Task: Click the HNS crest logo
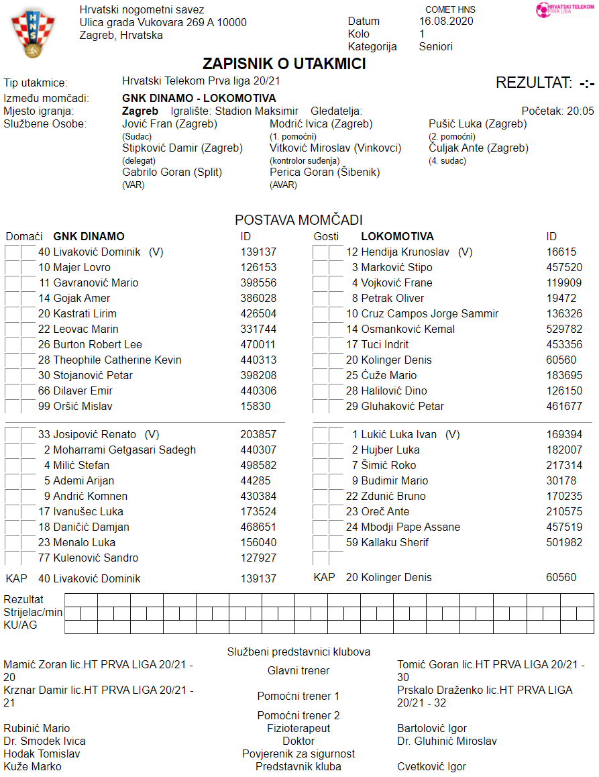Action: click(x=28, y=34)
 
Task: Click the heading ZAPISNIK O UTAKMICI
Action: click(x=284, y=64)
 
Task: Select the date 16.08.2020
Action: click(x=446, y=21)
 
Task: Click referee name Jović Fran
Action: click(x=169, y=124)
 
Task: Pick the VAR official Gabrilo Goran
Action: click(x=172, y=172)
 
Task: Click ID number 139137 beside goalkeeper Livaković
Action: click(x=258, y=252)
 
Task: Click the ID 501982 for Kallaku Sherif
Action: click(x=564, y=543)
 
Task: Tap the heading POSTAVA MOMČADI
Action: click(x=298, y=220)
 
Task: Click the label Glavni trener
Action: click(x=298, y=670)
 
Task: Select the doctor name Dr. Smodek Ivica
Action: click(x=44, y=741)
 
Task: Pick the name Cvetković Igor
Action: click(x=431, y=767)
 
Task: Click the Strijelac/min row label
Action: click(x=33, y=613)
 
